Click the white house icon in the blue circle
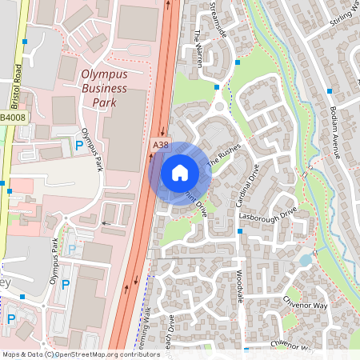pyautogui.click(x=180, y=171)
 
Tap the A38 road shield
pyautogui.click(x=161, y=145)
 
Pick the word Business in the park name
pyautogui.click(x=105, y=90)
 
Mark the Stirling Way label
pyautogui.click(x=344, y=16)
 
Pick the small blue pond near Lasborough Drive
pyautogui.click(x=305, y=259)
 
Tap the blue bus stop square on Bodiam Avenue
pyautogui.click(x=330, y=91)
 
